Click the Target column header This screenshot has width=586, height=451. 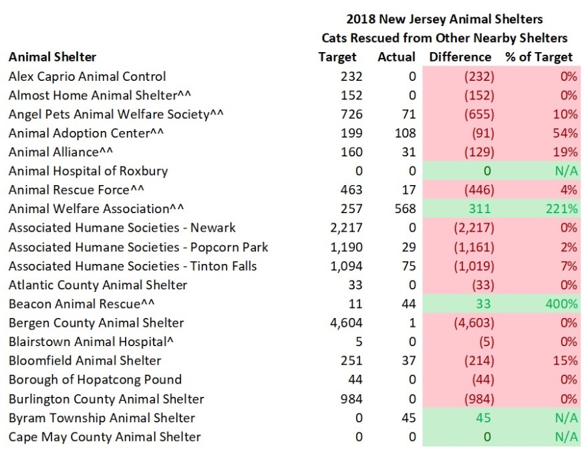tap(337, 57)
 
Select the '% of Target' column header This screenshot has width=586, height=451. tap(539, 57)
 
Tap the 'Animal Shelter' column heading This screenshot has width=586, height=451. tap(52, 57)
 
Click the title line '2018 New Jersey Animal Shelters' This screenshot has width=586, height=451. tap(444, 19)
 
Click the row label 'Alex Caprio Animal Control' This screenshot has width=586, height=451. tap(87, 77)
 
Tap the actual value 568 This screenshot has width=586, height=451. tap(403, 209)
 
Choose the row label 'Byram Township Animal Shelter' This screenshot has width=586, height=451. tap(102, 418)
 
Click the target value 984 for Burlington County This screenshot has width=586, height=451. tap(350, 399)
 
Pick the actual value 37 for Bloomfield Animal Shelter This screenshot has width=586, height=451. tap(407, 361)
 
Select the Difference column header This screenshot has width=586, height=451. tap(460, 57)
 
